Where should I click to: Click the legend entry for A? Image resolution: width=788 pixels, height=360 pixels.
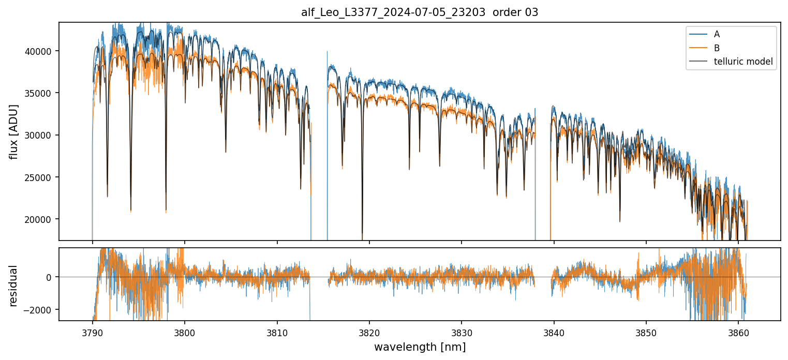[717, 34]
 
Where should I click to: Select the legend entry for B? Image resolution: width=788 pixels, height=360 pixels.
[717, 48]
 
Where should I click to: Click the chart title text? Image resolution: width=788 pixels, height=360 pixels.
[420, 12]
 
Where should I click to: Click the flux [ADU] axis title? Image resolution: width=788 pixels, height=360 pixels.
[13, 132]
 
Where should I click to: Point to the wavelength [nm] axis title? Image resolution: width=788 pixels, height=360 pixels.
[420, 347]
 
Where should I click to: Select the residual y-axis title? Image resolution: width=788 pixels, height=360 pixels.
[13, 286]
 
